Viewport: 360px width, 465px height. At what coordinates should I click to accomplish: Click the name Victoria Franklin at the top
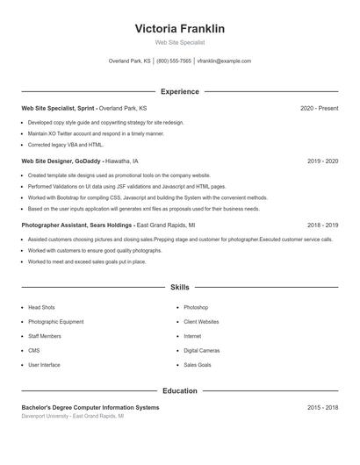[x=179, y=29]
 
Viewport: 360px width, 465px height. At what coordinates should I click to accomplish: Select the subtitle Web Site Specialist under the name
[x=179, y=42]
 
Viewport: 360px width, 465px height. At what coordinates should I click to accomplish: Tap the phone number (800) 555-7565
[x=174, y=61]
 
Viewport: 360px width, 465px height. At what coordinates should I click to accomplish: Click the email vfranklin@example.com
[x=224, y=61]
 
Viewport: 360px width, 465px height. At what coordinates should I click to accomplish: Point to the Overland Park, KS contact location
[x=129, y=61]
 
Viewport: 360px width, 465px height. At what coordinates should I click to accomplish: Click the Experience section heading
[x=179, y=91]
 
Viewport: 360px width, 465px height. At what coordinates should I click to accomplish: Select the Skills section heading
[x=179, y=287]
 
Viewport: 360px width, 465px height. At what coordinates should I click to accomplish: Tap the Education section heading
[x=179, y=390]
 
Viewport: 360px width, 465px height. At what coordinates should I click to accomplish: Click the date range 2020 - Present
[x=319, y=108]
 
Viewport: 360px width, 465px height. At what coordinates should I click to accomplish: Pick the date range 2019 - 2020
[x=322, y=161]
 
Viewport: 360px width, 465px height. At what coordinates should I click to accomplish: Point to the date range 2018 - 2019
[x=322, y=225]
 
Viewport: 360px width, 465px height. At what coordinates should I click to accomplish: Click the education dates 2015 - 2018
[x=322, y=408]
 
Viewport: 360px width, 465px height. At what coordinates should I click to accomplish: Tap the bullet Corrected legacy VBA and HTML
[x=66, y=145]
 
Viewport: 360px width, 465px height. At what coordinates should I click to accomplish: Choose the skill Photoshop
[x=196, y=308]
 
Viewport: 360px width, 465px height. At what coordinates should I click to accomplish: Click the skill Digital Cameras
[x=201, y=350]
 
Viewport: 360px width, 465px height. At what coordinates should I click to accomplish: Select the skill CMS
[x=34, y=350]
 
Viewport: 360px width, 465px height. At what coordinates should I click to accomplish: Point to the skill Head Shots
[x=41, y=308]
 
